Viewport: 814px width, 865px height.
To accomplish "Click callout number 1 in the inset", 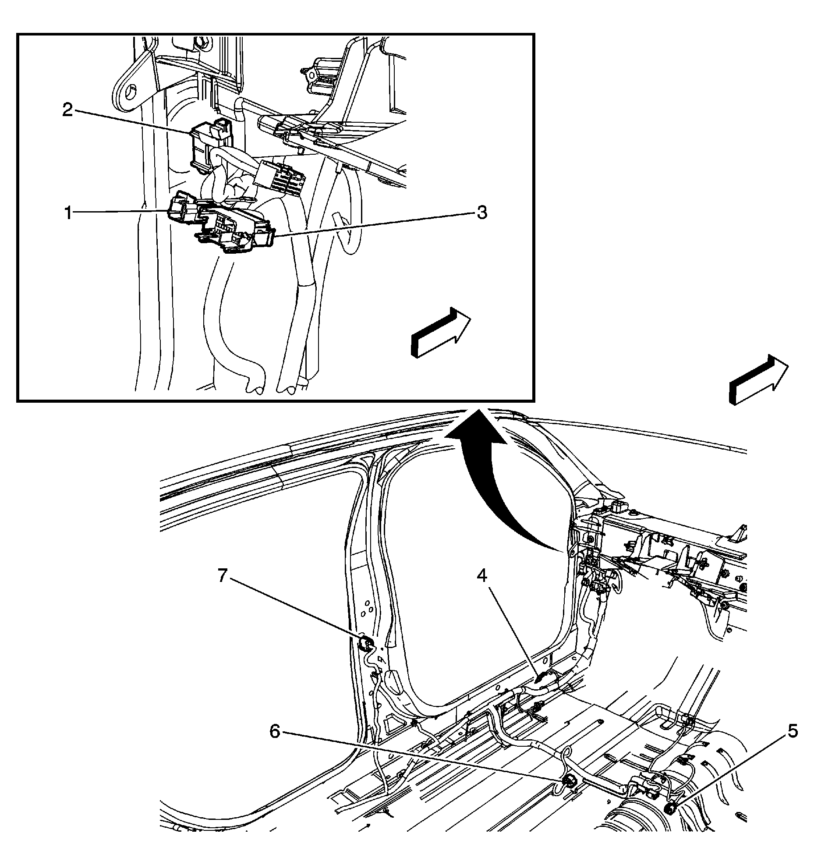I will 68,214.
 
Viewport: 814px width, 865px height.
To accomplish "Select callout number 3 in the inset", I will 481,213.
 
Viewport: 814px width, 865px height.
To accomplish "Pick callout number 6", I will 275,731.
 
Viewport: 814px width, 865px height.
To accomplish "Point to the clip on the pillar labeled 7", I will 365,644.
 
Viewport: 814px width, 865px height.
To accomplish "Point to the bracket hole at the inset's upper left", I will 130,92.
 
